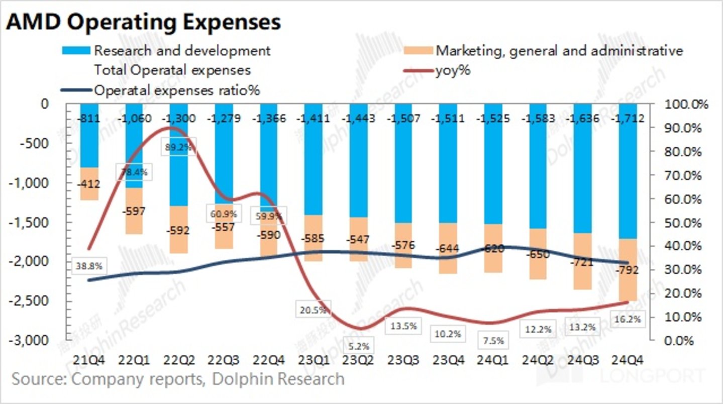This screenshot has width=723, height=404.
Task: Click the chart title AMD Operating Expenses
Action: click(144, 22)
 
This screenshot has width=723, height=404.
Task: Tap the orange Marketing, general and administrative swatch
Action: click(418, 51)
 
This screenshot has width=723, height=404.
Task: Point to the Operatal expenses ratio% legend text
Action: click(177, 90)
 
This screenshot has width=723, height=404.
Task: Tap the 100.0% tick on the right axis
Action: click(686, 105)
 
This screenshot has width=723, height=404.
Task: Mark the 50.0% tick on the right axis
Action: click(686, 223)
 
